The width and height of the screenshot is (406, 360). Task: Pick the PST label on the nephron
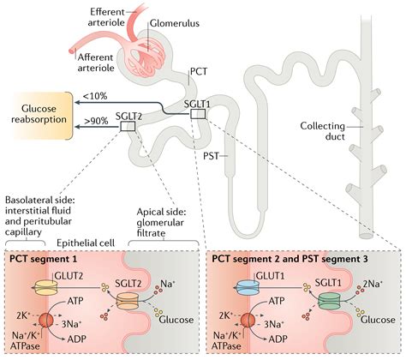(217, 157)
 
